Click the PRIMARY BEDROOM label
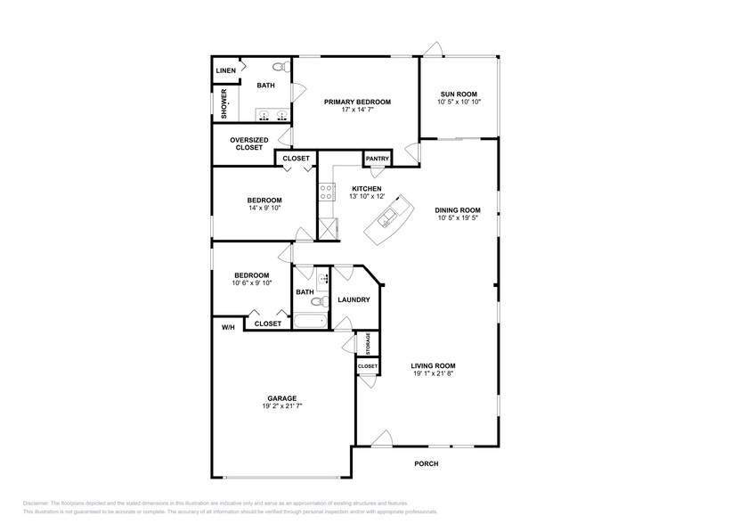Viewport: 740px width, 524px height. pos(357,102)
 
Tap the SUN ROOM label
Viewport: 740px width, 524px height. pos(457,94)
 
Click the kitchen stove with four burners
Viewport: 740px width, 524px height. pos(327,192)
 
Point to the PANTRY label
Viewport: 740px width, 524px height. pos(377,159)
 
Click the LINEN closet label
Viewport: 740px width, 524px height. pos(225,70)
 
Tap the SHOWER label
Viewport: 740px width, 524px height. pos(224,103)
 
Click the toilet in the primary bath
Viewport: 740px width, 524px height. pos(279,67)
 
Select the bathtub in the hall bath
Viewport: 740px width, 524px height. pos(312,321)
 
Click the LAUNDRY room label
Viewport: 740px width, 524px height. pos(354,299)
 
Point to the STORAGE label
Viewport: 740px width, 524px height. pos(367,343)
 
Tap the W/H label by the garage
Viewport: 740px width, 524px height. pos(228,328)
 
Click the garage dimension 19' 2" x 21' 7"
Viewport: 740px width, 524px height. pos(280,406)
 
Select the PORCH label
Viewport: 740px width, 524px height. pos(427,463)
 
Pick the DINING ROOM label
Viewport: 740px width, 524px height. pos(457,210)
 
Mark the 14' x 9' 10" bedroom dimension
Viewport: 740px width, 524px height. pos(264,208)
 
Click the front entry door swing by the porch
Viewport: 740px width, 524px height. pos(382,438)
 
